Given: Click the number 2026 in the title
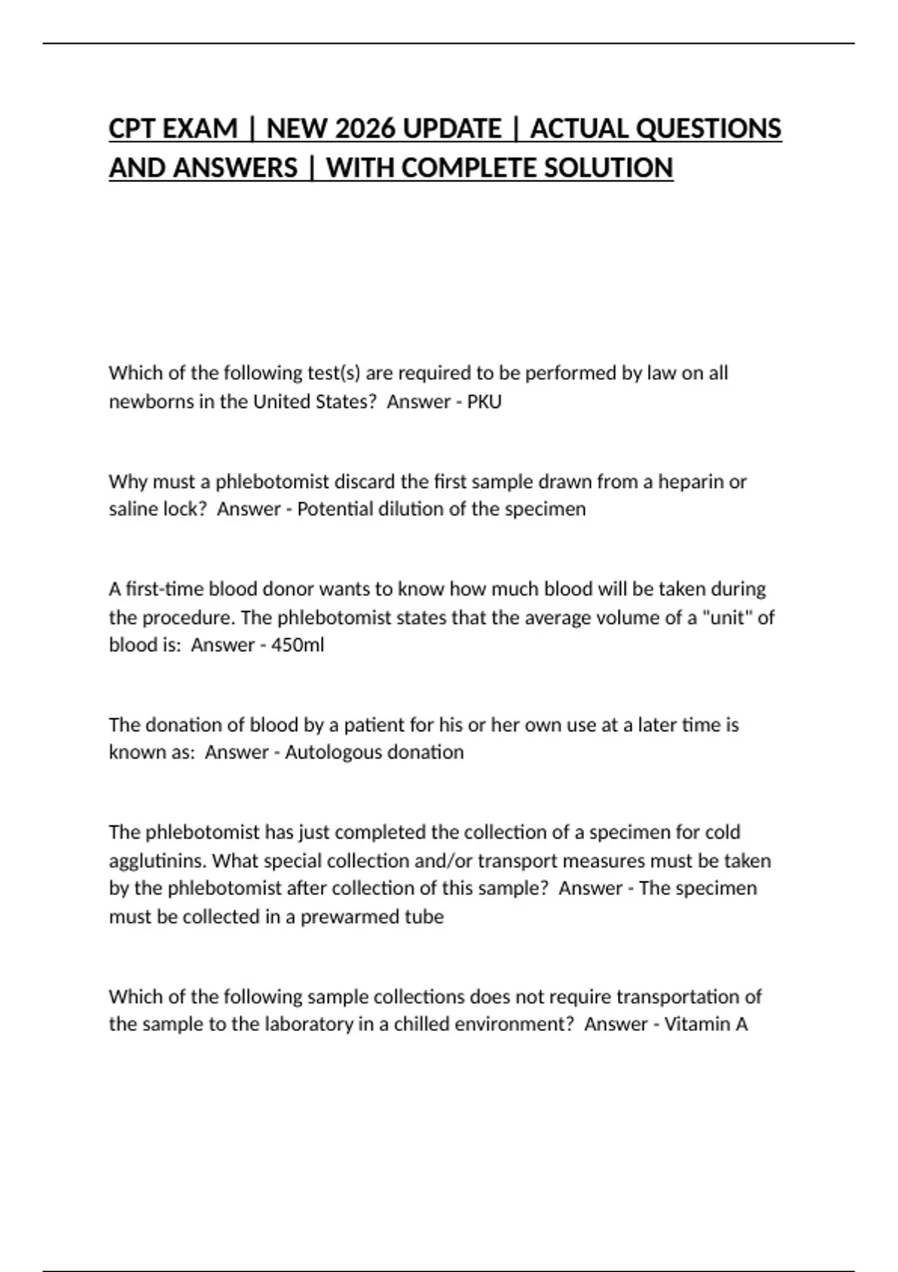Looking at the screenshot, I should point(365,129).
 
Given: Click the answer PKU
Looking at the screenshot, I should point(484,402).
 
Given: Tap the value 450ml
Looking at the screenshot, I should point(297,645).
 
